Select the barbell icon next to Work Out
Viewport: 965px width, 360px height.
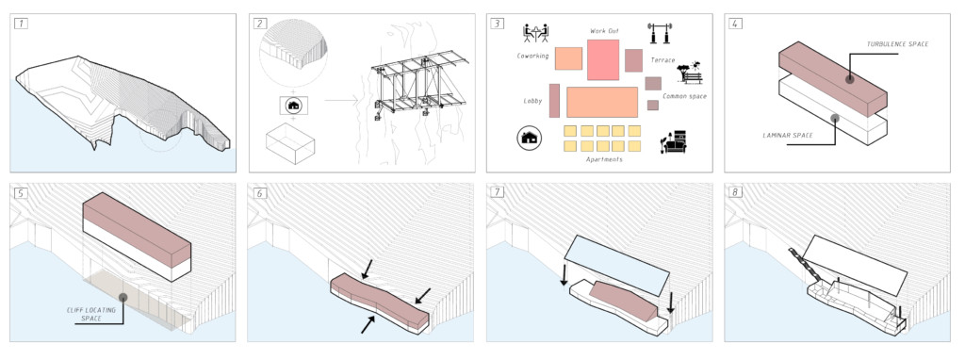pyautogui.click(x=658, y=35)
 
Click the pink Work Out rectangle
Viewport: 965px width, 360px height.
pyautogui.click(x=602, y=60)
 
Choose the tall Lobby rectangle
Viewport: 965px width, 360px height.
pyautogui.click(x=554, y=101)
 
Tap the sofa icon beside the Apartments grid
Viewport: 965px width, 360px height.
pyautogui.click(x=676, y=141)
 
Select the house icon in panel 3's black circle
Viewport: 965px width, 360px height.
pyautogui.click(x=530, y=139)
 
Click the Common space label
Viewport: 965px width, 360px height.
pyautogui.click(x=684, y=96)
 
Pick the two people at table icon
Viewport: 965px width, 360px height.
pyautogui.click(x=535, y=35)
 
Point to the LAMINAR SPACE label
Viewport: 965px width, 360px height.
pyautogui.click(x=788, y=136)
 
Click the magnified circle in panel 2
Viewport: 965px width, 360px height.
pyautogui.click(x=292, y=51)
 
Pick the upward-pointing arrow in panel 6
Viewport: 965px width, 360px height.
pyautogui.click(x=366, y=324)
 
